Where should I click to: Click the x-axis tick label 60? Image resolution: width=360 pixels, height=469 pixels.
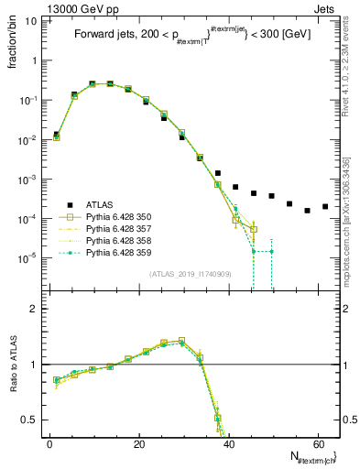click(x=317, y=442)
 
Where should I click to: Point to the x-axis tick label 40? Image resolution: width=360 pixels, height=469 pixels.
click(x=228, y=442)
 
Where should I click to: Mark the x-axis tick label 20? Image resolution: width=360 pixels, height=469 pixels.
click(x=138, y=442)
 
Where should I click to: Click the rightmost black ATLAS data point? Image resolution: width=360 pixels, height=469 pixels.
click(x=325, y=206)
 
